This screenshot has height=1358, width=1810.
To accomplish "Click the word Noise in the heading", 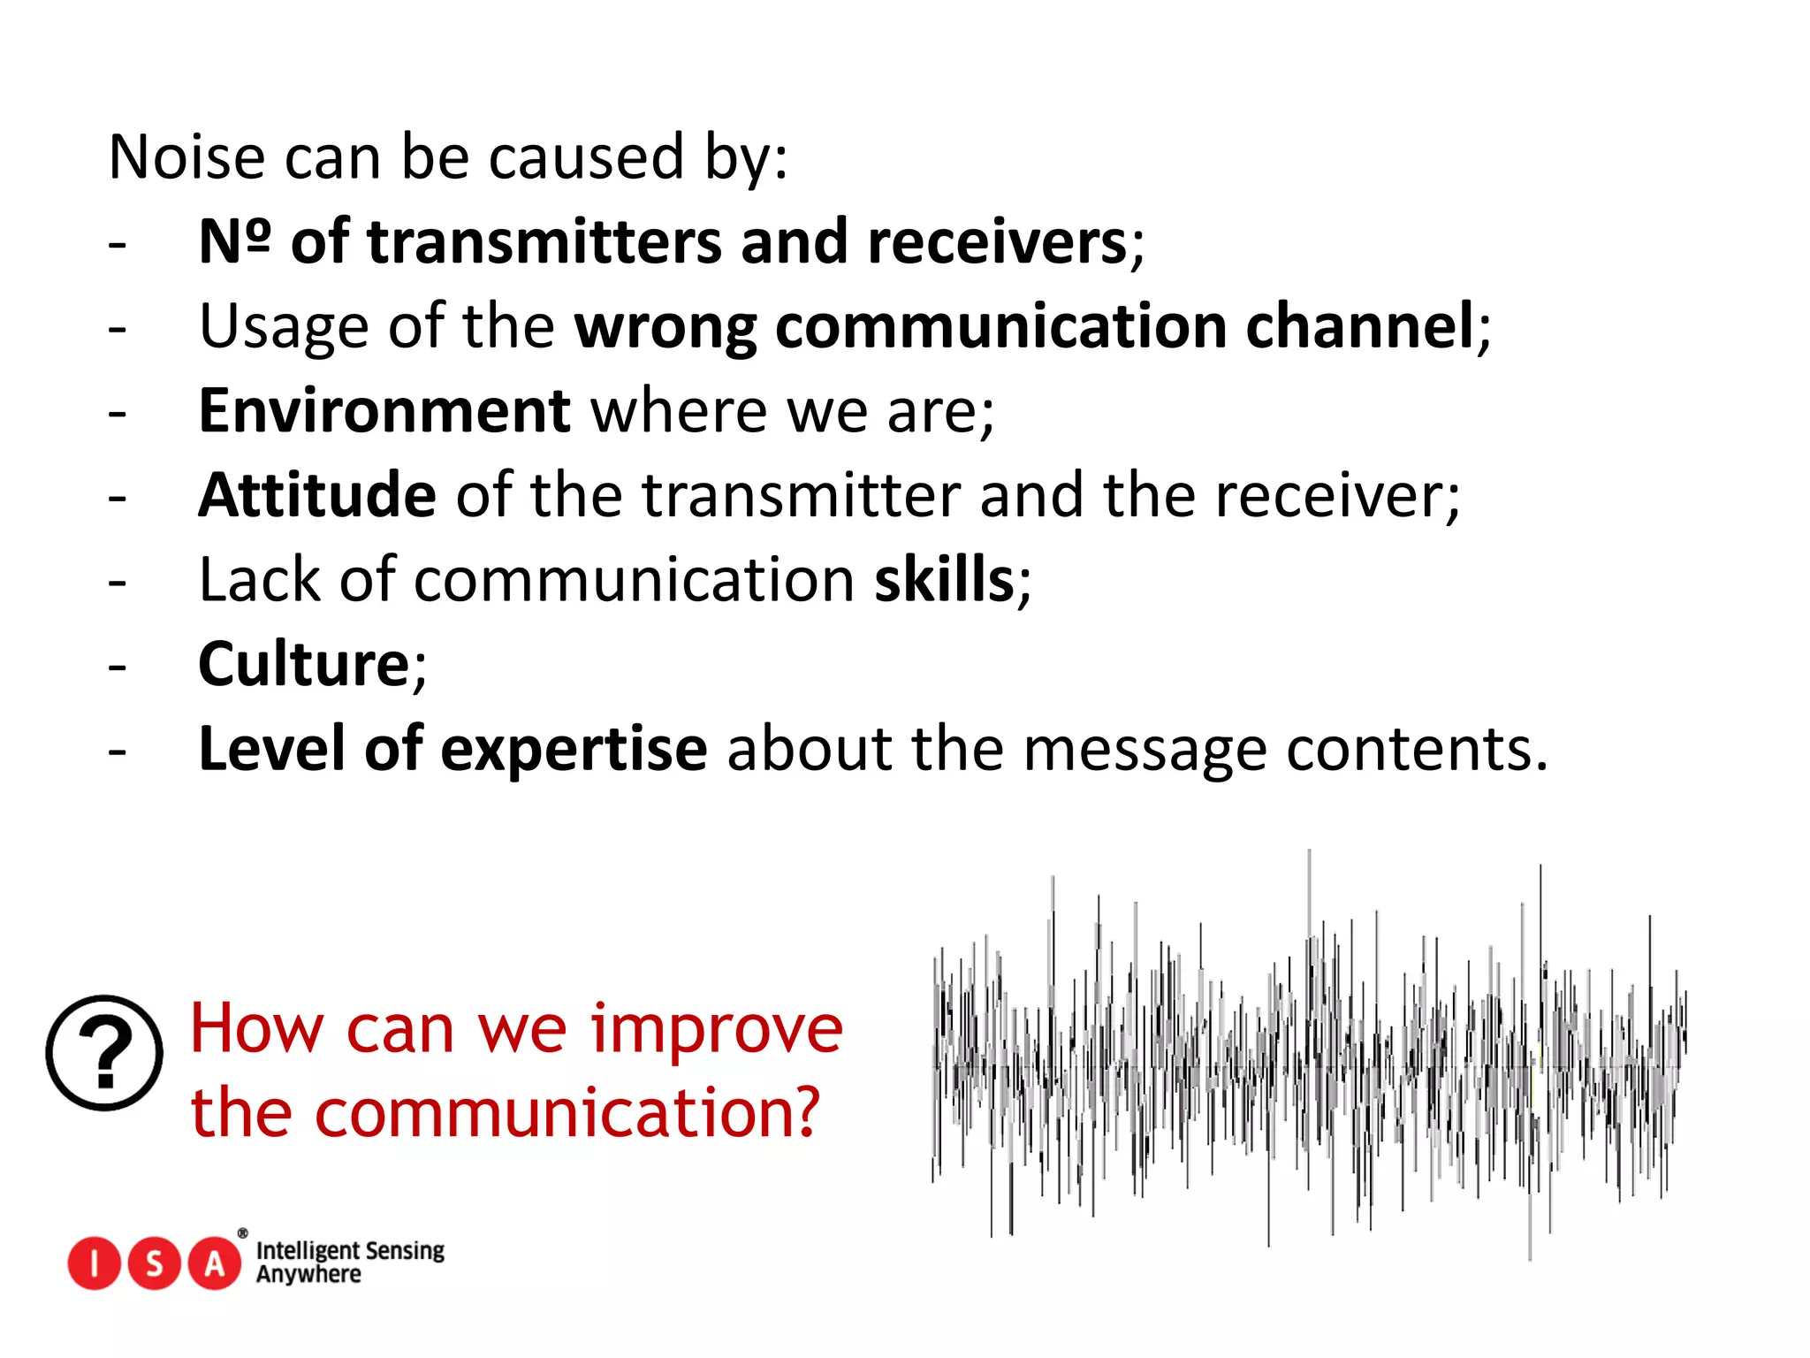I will tap(186, 157).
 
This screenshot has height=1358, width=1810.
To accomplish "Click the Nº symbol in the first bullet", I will tap(234, 241).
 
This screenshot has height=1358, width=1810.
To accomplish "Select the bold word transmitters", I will tap(544, 241).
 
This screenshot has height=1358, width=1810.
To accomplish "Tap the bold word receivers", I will tap(997, 241).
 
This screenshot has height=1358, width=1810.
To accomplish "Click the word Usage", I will tap(284, 326).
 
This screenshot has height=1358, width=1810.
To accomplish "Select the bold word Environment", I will tap(384, 411).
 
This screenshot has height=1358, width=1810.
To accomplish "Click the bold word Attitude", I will tap(316, 495).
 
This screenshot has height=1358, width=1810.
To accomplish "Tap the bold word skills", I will tap(944, 580).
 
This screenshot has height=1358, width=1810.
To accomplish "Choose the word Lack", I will tap(260, 580).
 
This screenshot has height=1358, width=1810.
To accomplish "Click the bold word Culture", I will tap(303, 664).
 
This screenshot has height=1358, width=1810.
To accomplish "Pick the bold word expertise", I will tap(574, 750).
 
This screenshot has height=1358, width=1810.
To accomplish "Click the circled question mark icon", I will tap(104, 1053).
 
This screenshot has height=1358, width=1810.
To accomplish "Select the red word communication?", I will tap(567, 1113).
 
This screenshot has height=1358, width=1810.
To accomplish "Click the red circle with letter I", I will tap(94, 1263).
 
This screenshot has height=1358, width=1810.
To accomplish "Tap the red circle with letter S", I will tap(154, 1263).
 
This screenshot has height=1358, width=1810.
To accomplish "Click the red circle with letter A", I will tap(215, 1263).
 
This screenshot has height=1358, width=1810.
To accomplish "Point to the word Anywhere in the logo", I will tap(308, 1275).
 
